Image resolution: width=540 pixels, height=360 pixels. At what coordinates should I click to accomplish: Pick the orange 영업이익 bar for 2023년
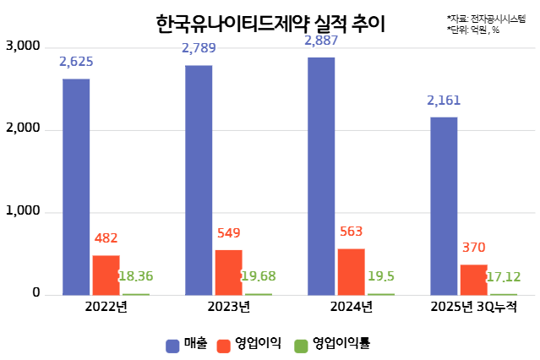pos(228,272)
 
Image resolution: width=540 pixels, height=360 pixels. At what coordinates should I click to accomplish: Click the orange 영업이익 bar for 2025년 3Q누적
pos(473,280)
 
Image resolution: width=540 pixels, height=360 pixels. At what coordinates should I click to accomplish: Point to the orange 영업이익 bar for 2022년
pos(106,275)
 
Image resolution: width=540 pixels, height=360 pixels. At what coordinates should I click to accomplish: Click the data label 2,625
pos(76,62)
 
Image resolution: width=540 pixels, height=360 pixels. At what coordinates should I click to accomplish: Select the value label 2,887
pos(321,41)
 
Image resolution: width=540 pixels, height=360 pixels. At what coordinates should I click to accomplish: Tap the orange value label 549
pos(228,233)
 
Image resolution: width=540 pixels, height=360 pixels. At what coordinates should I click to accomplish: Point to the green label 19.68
pos(259,275)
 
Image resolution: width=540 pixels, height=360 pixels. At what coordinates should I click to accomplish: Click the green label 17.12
pos(504,275)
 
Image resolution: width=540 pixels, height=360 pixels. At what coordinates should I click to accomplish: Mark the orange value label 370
pos(473,248)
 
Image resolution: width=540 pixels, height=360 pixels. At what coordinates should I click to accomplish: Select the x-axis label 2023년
pos(228,306)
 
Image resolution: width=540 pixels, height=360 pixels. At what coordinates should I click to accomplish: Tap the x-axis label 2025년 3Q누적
pos(473,306)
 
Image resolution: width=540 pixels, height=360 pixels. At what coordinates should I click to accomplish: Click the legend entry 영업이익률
pos(333,344)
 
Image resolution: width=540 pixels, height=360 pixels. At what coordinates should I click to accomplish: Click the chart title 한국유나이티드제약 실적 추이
pos(270,24)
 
